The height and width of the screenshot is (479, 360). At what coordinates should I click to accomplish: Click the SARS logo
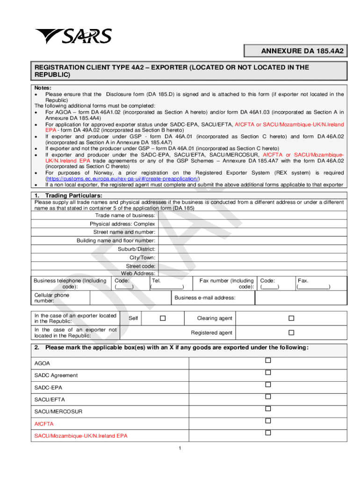[x=73, y=36]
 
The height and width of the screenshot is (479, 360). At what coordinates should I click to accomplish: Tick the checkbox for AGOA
[x=268, y=361]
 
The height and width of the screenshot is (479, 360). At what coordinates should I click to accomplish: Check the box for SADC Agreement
[x=268, y=373]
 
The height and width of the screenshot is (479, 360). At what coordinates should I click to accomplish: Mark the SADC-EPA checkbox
[x=268, y=385]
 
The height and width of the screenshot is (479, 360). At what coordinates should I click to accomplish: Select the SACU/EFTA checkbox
[x=268, y=397]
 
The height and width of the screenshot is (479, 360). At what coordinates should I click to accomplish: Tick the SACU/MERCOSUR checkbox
[x=268, y=409]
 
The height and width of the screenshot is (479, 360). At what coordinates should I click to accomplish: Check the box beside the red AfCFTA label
[x=268, y=421]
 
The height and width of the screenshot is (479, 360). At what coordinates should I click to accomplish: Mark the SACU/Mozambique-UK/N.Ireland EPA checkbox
[x=268, y=433]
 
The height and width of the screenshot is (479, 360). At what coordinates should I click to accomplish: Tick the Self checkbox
[x=163, y=318]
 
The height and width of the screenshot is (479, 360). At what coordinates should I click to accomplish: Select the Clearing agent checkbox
[x=291, y=318]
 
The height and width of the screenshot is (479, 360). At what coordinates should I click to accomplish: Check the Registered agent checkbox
[x=291, y=333]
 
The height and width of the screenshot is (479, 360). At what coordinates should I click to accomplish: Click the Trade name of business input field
[x=252, y=215]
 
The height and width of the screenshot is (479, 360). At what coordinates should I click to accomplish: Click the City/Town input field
[x=252, y=257]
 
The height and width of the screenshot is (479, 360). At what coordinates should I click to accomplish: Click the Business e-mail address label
[x=205, y=298]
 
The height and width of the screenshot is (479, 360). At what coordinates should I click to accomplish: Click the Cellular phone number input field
[x=130, y=298]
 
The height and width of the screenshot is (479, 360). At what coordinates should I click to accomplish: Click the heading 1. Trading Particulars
[x=68, y=195]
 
